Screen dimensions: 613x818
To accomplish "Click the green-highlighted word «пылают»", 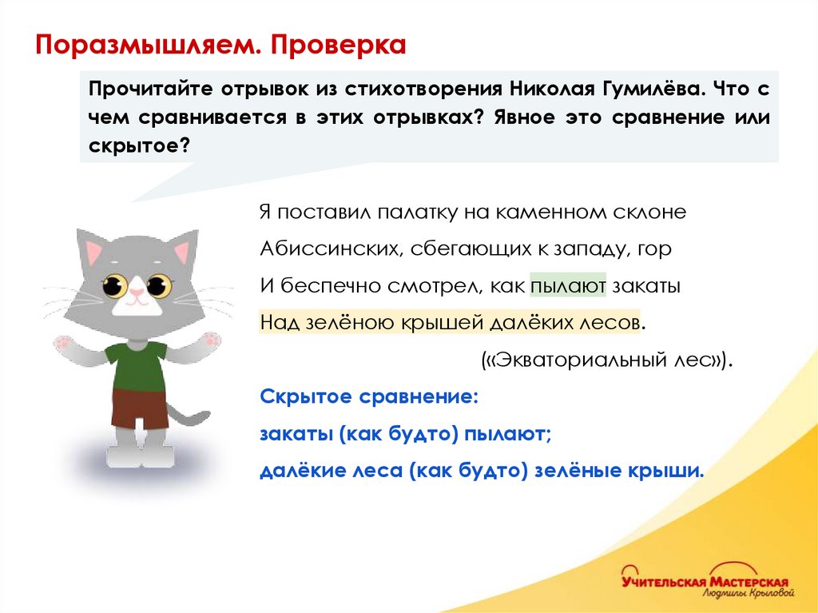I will tap(568, 285).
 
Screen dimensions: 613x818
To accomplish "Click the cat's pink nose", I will tap(137, 293).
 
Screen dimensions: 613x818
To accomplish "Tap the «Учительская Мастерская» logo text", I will tap(705, 581).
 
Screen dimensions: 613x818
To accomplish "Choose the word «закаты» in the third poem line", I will tap(646, 285).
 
